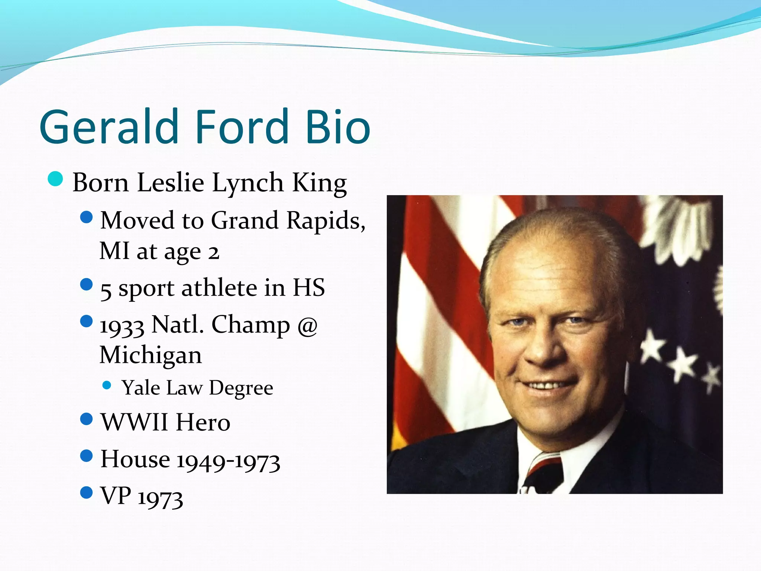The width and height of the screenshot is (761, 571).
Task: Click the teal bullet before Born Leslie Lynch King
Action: coord(55,179)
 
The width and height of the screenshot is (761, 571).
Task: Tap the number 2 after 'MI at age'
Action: coord(213,252)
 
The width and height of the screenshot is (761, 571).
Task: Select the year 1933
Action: coord(122,326)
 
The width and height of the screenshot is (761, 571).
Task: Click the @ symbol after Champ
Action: coord(307,326)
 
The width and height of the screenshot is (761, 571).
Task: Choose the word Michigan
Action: coord(150,355)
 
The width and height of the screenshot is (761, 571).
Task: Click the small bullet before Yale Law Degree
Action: coord(107,385)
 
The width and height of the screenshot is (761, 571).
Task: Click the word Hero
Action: coord(203,422)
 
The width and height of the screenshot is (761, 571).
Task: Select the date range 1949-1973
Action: coord(228,461)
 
